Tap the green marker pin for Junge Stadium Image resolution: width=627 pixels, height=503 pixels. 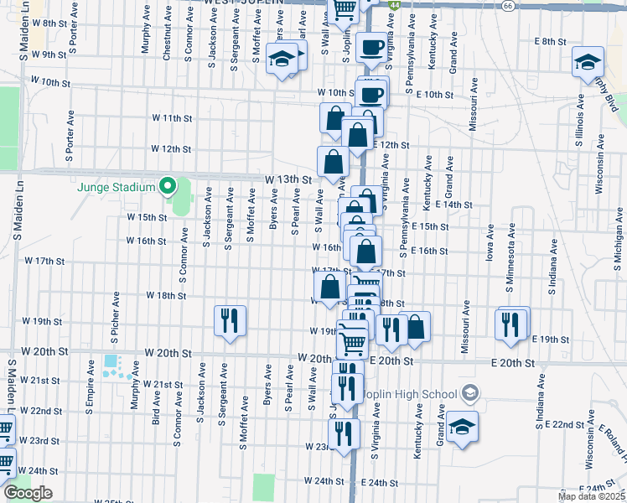[168, 186]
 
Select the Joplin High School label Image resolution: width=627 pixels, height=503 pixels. [413, 393]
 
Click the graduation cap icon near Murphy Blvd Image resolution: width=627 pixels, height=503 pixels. [588, 62]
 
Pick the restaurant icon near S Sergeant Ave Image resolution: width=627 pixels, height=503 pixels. [229, 321]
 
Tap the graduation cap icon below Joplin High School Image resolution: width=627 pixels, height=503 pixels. [462, 427]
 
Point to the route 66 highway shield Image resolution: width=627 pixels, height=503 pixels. [509, 5]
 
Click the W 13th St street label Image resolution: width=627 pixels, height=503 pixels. [288, 179]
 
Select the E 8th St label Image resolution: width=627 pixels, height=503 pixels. [551, 41]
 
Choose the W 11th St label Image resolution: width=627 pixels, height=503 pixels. [171, 118]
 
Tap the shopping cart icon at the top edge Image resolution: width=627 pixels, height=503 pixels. [344, 8]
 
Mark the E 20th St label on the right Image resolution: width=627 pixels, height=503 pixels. [512, 362]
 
